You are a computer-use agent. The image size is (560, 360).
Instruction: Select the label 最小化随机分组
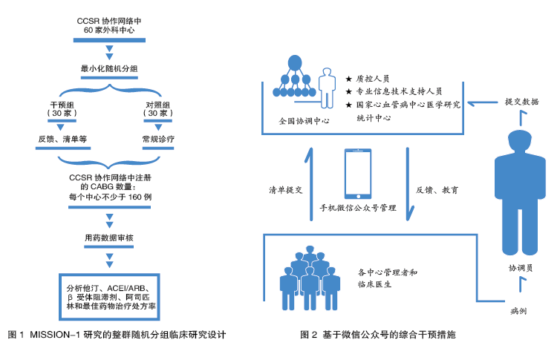click(x=111, y=69)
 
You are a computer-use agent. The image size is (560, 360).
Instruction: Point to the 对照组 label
click(x=157, y=105)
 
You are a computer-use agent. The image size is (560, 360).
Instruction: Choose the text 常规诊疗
click(x=157, y=139)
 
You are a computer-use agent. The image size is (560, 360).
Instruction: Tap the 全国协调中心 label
click(x=300, y=120)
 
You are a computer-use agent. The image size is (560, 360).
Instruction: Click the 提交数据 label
click(x=523, y=100)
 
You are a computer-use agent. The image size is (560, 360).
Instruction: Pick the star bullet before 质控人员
click(x=349, y=78)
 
